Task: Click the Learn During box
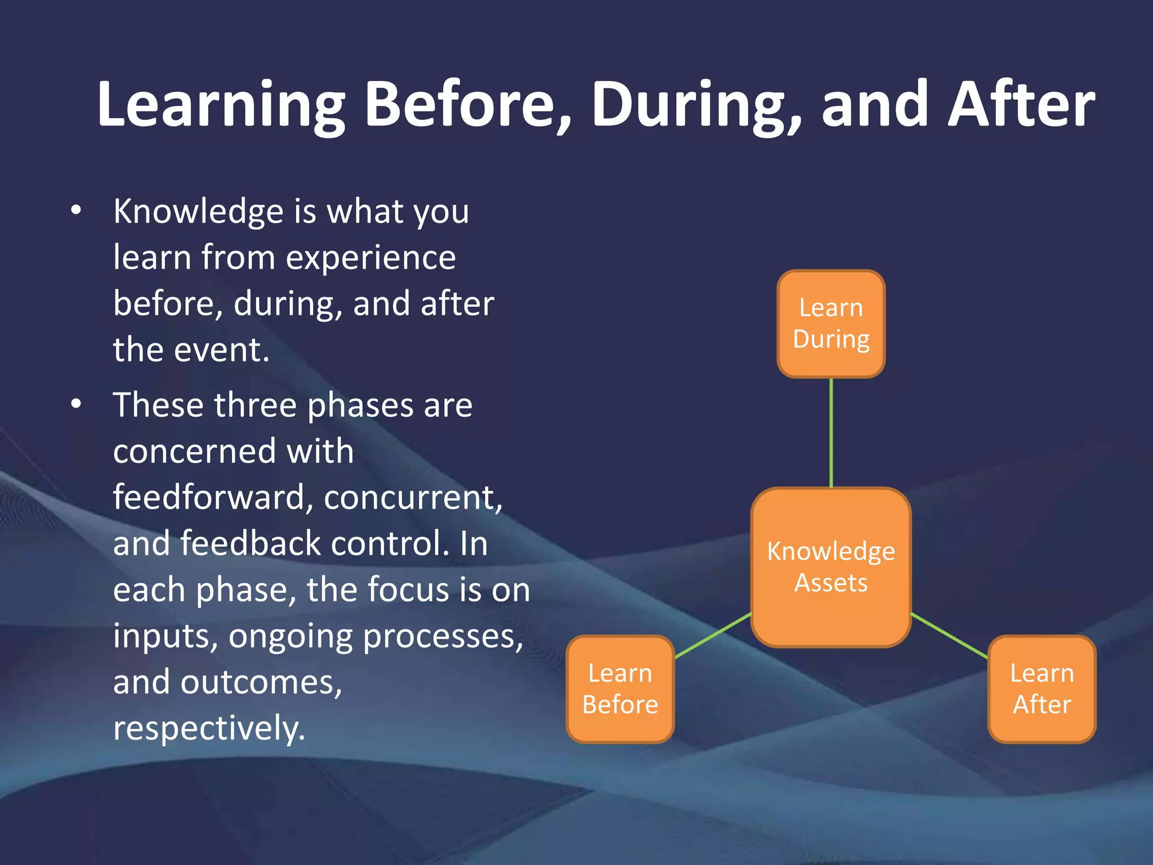click(831, 324)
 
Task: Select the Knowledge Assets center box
click(831, 567)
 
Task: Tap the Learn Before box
click(620, 689)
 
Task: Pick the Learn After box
click(1042, 689)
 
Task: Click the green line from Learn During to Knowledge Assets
click(831, 432)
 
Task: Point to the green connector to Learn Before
click(713, 635)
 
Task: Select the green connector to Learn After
click(949, 635)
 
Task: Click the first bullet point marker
click(77, 211)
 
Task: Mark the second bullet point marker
click(77, 404)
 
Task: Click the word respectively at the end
click(209, 729)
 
